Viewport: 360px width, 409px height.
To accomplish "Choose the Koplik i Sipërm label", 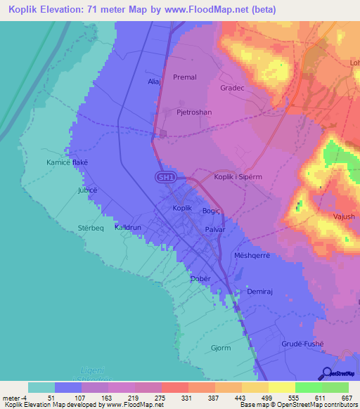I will coord(238,177).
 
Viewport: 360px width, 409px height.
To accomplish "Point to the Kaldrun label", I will coord(128,228).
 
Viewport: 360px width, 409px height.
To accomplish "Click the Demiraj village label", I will coord(259,291).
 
